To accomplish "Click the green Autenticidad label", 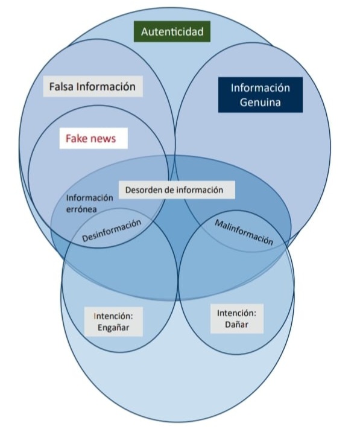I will pyautogui.click(x=172, y=31).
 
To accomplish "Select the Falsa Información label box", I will pyautogui.click(x=93, y=86).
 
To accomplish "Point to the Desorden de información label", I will pyautogui.click(x=174, y=189).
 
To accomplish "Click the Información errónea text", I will pyautogui.click(x=89, y=203).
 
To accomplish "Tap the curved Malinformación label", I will pyautogui.click(x=244, y=231).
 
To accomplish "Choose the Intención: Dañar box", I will pyautogui.click(x=236, y=319).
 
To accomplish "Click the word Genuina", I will pyautogui.click(x=260, y=103).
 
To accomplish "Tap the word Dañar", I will pyautogui.click(x=236, y=325).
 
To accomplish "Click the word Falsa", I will pyautogui.click(x=63, y=86).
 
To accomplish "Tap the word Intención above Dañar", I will pyautogui.click(x=236, y=313).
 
